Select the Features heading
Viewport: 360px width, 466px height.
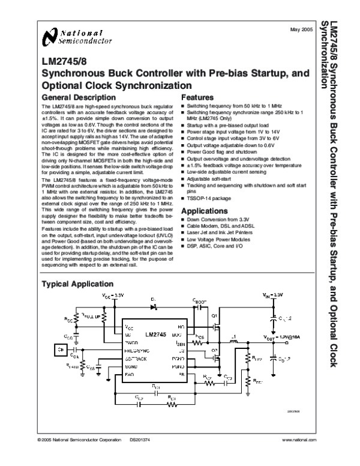(197, 97)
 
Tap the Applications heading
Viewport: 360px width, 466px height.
(205, 211)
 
